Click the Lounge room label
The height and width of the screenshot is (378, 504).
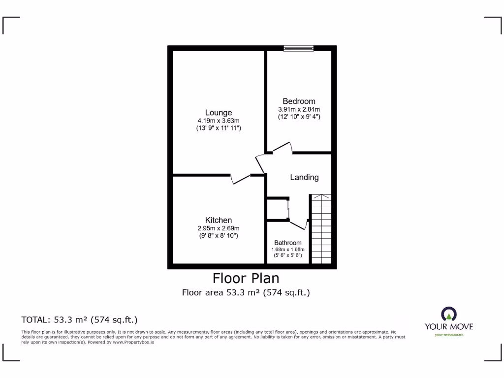(x=219, y=113)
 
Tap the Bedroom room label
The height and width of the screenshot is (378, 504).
(x=299, y=101)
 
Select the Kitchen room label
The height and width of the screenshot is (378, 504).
(x=219, y=220)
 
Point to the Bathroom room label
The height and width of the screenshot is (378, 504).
(x=288, y=243)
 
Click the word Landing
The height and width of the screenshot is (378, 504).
(x=304, y=177)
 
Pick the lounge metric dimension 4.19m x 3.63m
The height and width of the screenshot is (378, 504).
(x=219, y=121)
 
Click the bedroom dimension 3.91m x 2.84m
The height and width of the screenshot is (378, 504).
(x=299, y=109)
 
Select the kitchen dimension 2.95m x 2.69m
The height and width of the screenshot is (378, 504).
(x=219, y=228)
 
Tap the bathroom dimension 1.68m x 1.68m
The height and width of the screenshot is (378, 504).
(x=288, y=250)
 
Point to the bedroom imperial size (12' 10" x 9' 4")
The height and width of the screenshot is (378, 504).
(x=299, y=117)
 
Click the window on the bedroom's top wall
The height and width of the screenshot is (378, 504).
(x=299, y=48)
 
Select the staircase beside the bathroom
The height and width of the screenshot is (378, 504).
(x=321, y=229)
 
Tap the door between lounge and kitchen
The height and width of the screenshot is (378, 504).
(x=240, y=179)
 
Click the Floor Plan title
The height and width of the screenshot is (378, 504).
(x=246, y=278)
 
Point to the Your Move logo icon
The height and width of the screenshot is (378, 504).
(x=448, y=314)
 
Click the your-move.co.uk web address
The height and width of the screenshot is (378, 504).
(x=449, y=335)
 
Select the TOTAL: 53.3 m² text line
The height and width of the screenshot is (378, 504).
(x=79, y=319)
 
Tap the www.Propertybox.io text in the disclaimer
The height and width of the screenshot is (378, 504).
(x=133, y=342)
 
